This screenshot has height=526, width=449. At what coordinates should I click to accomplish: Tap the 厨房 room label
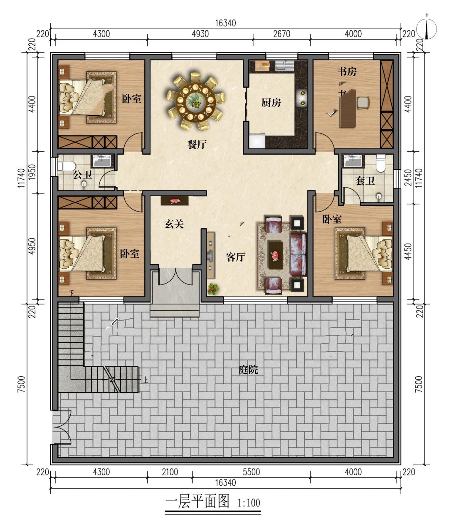pos(271,103)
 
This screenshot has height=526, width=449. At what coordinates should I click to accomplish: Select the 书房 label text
pos(347,72)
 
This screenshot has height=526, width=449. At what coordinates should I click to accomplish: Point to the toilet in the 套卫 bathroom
pos(380,163)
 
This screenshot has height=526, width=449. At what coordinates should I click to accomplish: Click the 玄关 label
pos(174,224)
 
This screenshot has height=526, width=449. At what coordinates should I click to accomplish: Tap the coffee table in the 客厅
pos(275,255)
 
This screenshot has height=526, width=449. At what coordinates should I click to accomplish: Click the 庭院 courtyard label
pos(248,370)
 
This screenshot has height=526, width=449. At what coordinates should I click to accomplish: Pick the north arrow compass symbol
pos(427,29)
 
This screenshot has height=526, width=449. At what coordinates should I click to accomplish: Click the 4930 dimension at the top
pos(200,34)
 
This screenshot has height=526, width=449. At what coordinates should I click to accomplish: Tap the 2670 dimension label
pos(281,34)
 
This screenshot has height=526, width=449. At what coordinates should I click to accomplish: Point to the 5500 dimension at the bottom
pos(251,472)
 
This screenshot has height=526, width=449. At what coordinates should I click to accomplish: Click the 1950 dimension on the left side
pos(32,172)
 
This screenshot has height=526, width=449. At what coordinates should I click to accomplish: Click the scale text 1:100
pos(249,503)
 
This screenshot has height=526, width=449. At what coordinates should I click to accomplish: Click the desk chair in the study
pos(363,103)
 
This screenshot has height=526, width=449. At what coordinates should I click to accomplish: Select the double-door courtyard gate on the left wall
pos(62,427)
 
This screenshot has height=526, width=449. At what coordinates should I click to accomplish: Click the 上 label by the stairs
pos(146,380)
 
